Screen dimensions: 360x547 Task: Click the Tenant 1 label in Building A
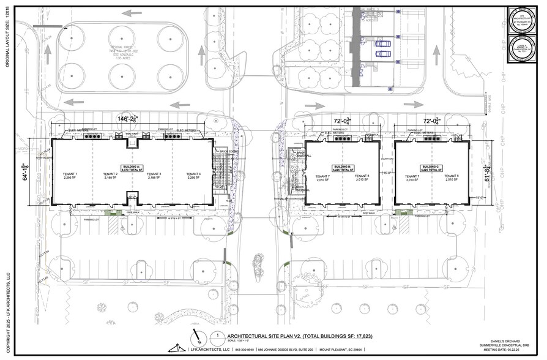coord(70,175)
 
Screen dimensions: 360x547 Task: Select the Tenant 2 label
coord(110,175)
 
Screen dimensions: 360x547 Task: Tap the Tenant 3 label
coord(154,175)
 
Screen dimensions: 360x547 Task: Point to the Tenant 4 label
coord(194,175)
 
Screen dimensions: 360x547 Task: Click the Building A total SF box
coord(132,168)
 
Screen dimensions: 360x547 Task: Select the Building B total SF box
coord(342,168)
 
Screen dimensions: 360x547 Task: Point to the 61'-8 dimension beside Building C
coord(487,173)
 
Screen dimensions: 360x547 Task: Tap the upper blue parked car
coord(382,44)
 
